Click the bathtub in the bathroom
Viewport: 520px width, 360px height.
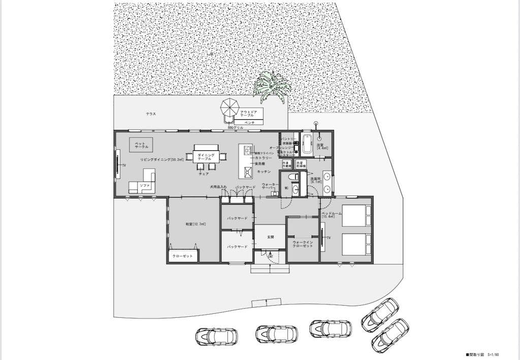307,144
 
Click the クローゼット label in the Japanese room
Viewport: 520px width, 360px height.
183,256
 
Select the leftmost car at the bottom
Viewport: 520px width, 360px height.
216,336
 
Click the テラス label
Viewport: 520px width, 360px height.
150,114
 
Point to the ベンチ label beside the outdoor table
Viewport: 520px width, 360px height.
249,122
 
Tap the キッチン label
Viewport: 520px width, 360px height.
264,173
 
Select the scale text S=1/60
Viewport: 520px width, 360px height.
496,354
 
